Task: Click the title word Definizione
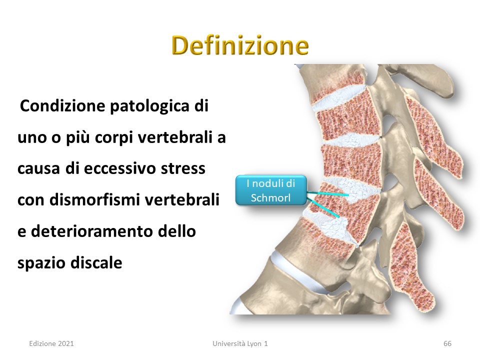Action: (240, 45)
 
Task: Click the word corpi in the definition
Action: (114, 138)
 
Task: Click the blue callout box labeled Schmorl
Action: (271, 190)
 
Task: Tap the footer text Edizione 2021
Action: (51, 343)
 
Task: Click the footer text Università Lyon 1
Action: (240, 343)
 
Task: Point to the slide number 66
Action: (447, 343)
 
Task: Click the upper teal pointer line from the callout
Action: (327, 193)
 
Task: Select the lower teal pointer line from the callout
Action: (323, 208)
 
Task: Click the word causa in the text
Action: (38, 168)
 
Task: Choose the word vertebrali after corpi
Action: (175, 137)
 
